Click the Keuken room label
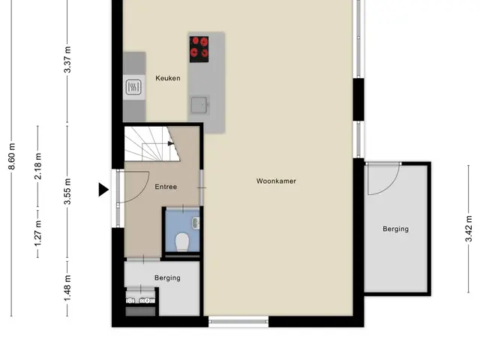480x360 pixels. (x=168, y=78)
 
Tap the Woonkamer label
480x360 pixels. (x=276, y=181)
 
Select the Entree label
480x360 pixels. (x=166, y=187)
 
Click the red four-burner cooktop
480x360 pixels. (x=199, y=49)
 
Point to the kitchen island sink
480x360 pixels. (x=199, y=105)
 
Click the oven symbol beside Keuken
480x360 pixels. (x=133, y=87)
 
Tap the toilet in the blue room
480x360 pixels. (x=182, y=241)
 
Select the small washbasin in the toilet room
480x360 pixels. (x=196, y=223)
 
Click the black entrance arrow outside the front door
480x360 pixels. (x=103, y=190)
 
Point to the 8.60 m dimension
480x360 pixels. (x=12, y=156)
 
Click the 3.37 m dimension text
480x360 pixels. (x=67, y=60)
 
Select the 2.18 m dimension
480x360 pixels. (x=38, y=166)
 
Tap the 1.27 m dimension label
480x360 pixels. (x=38, y=232)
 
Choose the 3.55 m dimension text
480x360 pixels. (x=67, y=191)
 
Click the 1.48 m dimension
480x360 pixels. (x=67, y=288)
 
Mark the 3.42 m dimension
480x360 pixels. (x=469, y=229)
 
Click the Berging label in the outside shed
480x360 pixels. (x=395, y=229)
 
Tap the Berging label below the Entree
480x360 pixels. (x=167, y=277)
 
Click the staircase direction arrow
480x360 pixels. (x=171, y=143)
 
